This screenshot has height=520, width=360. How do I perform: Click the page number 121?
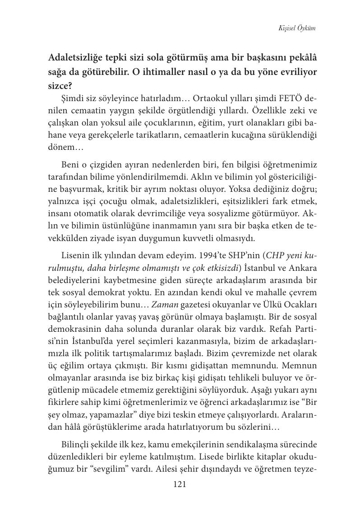pyautogui.click(x=180, y=485)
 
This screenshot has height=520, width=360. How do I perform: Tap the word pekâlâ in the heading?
pyautogui.click(x=299, y=58)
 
